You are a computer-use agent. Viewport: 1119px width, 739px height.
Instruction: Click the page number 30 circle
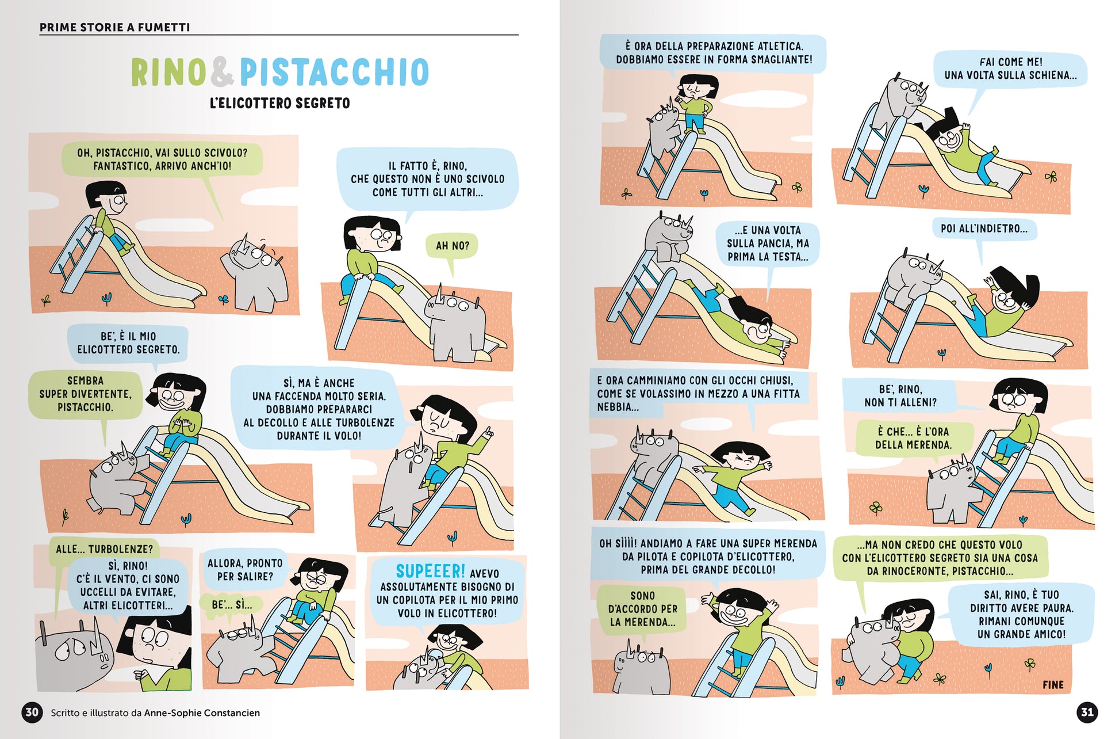(32, 713)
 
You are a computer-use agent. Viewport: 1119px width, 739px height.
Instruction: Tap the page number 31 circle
(1087, 713)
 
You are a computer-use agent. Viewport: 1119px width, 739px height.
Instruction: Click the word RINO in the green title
(168, 72)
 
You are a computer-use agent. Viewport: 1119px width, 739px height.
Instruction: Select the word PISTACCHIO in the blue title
(334, 72)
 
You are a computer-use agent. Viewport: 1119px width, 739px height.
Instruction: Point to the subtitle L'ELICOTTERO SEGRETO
(280, 104)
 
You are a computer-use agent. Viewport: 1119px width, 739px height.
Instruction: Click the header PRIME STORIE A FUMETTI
(114, 27)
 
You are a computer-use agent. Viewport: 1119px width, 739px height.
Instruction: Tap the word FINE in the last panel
(1053, 685)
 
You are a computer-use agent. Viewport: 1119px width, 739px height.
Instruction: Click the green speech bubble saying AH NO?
(453, 246)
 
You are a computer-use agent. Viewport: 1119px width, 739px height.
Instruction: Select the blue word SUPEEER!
(430, 571)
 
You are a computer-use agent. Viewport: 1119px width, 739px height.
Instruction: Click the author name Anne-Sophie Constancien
(202, 713)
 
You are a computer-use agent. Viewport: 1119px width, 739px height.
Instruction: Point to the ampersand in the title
(223, 72)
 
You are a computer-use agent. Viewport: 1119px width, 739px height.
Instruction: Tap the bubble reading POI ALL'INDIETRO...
(984, 229)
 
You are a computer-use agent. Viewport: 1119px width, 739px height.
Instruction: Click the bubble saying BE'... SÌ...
(232, 605)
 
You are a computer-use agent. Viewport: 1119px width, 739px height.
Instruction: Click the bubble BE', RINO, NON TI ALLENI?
(900, 395)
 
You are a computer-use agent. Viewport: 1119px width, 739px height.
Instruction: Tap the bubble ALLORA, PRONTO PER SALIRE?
(245, 570)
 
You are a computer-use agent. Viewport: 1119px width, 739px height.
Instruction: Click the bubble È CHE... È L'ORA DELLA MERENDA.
(913, 438)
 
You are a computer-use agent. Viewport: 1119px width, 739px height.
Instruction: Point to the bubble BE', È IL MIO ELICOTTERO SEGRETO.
(128, 343)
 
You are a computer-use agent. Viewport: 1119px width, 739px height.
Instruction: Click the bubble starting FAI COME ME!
(1010, 68)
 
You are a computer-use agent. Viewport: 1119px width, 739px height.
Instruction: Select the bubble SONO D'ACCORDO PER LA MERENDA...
(642, 609)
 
